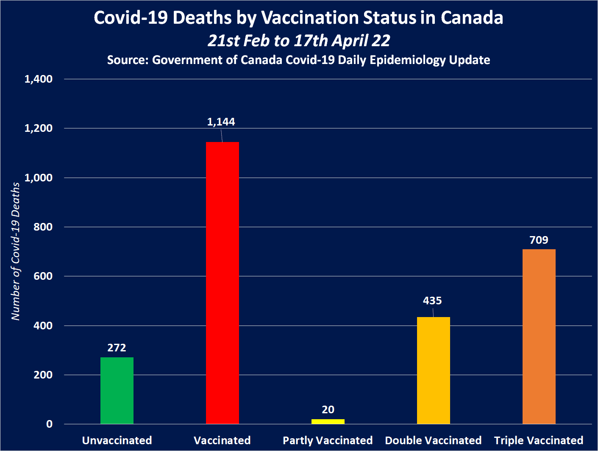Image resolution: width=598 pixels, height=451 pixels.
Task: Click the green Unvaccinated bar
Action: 117,390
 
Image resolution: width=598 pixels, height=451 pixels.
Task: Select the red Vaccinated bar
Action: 223,283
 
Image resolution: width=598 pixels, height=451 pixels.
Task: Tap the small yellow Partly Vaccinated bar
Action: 328,421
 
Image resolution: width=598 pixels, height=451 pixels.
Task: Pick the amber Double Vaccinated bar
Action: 434,370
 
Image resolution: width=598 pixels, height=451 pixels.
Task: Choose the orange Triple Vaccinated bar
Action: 539,336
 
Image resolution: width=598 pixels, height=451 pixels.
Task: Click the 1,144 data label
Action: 221,122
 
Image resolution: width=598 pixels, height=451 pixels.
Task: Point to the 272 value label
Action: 117,348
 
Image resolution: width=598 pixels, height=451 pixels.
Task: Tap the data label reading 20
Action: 328,410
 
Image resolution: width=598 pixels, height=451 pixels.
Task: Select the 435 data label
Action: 432,301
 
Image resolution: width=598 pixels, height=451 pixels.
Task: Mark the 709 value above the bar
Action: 539,240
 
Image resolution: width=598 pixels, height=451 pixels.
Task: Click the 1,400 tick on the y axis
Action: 39,79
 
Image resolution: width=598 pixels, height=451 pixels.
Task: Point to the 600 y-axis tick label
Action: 43,276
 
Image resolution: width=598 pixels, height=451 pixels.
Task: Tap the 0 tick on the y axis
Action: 50,424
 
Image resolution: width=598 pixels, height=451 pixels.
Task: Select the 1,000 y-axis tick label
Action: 39,178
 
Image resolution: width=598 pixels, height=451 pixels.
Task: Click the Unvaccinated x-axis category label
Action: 117,440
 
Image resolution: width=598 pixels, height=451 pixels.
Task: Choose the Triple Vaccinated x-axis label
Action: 539,440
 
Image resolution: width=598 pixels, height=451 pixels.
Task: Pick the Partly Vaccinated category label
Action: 328,440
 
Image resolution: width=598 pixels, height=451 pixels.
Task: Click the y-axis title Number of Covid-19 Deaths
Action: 16,251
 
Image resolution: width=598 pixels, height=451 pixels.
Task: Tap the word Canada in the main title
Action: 472,18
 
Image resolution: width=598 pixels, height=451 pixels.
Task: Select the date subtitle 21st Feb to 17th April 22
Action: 299,41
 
